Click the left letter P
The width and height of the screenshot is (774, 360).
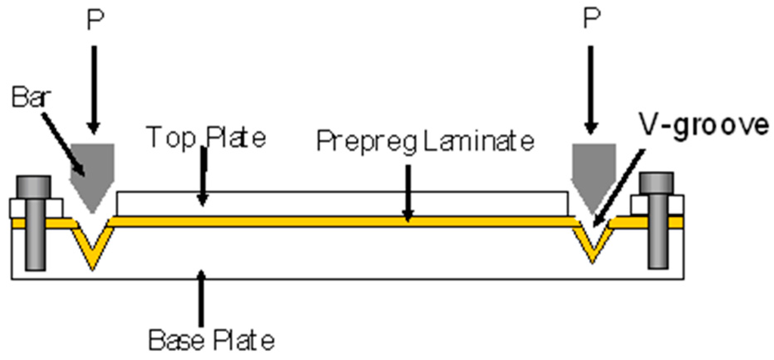coord(94,20)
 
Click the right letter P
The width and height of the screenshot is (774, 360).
coord(592,20)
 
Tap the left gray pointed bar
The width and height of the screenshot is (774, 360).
coord(91,169)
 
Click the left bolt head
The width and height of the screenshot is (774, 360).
coord(31,186)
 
